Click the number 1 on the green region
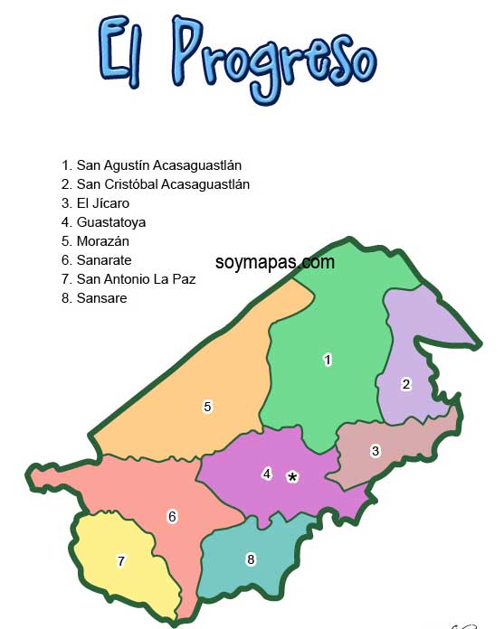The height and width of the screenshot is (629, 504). click(x=328, y=360)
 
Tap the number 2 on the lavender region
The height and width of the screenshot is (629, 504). click(x=406, y=384)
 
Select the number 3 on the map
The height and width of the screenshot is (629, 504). click(x=376, y=450)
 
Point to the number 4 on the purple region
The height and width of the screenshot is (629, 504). click(x=267, y=473)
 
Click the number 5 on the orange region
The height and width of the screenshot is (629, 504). click(x=207, y=407)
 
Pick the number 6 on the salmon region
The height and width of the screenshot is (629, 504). click(x=172, y=517)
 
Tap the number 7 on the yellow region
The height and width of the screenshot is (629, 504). click(x=120, y=561)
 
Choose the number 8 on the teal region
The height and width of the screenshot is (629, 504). click(x=251, y=559)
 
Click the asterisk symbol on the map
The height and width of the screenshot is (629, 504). click(x=292, y=476)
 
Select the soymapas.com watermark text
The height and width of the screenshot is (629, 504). click(x=275, y=262)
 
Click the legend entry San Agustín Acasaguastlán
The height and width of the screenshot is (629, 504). click(x=152, y=165)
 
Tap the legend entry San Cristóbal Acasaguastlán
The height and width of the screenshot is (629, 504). click(x=156, y=184)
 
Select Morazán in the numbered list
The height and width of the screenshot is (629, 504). click(x=98, y=241)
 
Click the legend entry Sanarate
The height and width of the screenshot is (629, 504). click(x=97, y=260)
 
